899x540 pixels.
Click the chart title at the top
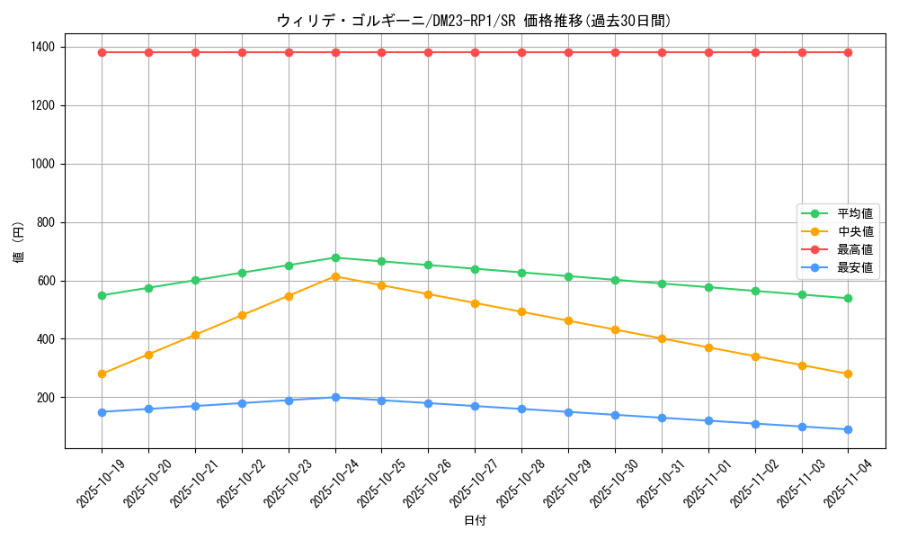coord(474,21)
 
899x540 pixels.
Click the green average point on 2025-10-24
coord(335,257)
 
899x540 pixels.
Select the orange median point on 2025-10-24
coord(335,276)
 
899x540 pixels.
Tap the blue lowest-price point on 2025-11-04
coord(848,429)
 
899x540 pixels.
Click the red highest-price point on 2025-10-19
coord(102,52)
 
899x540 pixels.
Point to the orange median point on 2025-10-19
coord(102,373)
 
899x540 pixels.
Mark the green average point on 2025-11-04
coord(848,298)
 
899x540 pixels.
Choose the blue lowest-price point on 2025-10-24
coord(335,397)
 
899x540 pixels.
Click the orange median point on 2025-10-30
coord(615,329)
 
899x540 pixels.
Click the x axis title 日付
coord(475,521)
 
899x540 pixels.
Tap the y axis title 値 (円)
coord(19,245)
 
